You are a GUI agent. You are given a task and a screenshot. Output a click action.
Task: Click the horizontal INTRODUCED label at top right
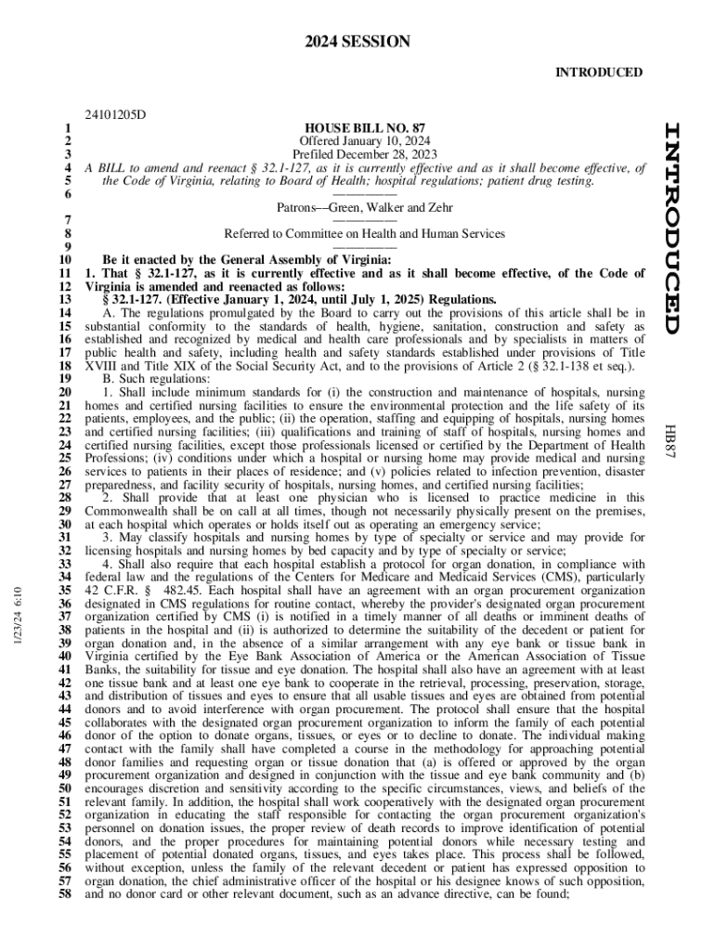tap(599, 72)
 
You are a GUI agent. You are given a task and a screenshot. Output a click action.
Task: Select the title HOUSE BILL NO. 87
tap(365, 127)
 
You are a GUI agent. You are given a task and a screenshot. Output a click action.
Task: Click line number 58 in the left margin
tap(65, 895)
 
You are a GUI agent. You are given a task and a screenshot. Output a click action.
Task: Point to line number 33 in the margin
tap(65, 564)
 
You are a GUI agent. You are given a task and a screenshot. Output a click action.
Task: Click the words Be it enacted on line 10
tap(142, 261)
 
